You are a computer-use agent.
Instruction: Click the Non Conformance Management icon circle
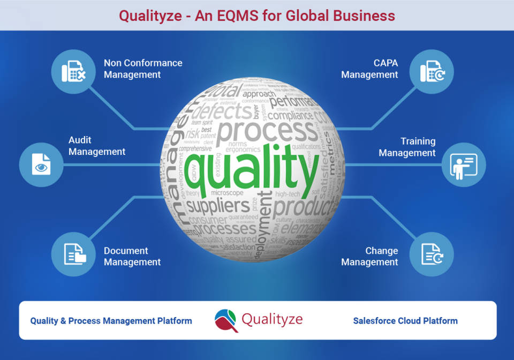pyautogui.click(x=73, y=72)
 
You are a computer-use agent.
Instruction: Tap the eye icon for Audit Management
pyautogui.click(x=41, y=164)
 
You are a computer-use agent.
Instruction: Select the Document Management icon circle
pyautogui.click(x=73, y=254)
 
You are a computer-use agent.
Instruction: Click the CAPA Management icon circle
pyautogui.click(x=432, y=72)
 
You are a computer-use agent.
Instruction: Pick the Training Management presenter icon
pyautogui.click(x=464, y=164)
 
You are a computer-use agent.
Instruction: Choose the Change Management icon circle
pyautogui.click(x=432, y=254)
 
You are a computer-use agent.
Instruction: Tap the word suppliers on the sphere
pyautogui.click(x=217, y=206)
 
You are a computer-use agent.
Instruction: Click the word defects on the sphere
pyautogui.click(x=221, y=112)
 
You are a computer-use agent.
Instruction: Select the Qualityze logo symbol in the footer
pyautogui.click(x=226, y=320)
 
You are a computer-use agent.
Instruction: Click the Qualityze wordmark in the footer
pyautogui.click(x=272, y=320)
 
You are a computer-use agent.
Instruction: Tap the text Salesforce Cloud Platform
pyautogui.click(x=405, y=321)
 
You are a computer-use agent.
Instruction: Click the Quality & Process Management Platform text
pyautogui.click(x=111, y=321)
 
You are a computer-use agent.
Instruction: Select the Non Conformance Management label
pyautogui.click(x=143, y=69)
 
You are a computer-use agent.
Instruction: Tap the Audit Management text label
pyautogui.click(x=97, y=146)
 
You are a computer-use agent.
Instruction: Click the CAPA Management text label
pyautogui.click(x=370, y=69)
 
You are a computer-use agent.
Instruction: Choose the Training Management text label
pyautogui.click(x=407, y=147)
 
